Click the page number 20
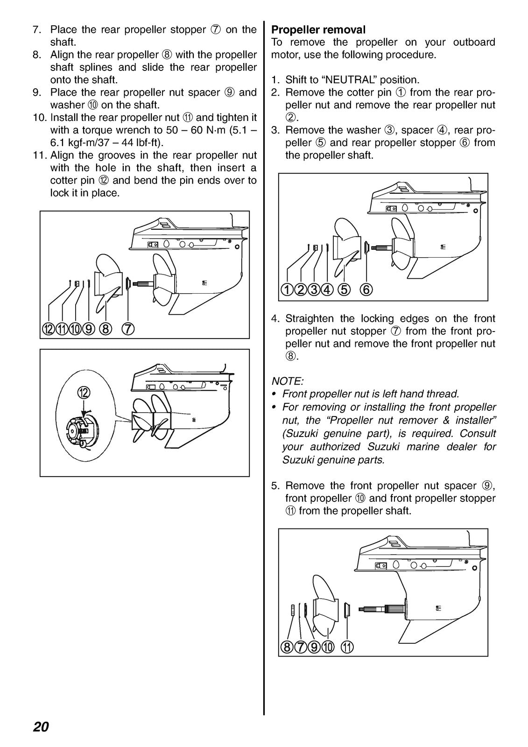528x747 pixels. point(41,727)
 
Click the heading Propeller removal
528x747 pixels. point(318,30)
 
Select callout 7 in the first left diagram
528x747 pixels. point(128,329)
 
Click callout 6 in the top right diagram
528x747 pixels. point(366,290)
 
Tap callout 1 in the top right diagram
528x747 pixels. point(287,290)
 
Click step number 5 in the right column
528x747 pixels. point(275,486)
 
